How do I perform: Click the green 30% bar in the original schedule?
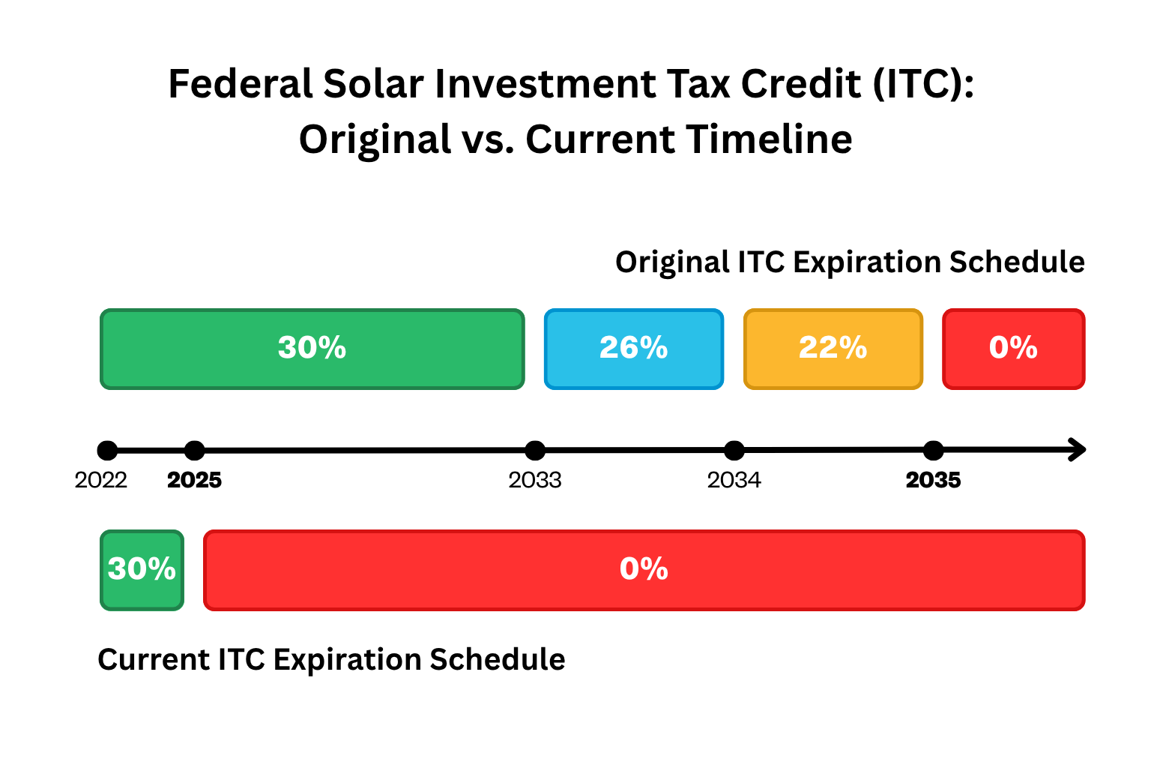click(312, 349)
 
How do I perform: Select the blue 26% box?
click(633, 349)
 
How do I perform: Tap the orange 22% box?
click(833, 349)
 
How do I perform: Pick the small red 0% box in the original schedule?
click(1013, 349)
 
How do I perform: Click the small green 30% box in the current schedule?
click(142, 570)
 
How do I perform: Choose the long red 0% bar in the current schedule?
click(644, 570)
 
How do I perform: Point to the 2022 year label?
click(100, 480)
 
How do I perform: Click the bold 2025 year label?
click(194, 480)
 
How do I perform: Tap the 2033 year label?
click(534, 480)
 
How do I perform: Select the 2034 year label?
click(734, 480)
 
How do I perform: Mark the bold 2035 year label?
click(933, 480)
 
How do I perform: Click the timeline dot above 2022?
click(107, 451)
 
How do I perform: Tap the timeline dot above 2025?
click(194, 451)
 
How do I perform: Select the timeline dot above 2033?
click(534, 451)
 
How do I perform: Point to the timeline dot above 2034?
click(734, 451)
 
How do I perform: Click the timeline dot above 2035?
click(933, 451)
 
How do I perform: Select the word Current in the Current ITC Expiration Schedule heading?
click(154, 660)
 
